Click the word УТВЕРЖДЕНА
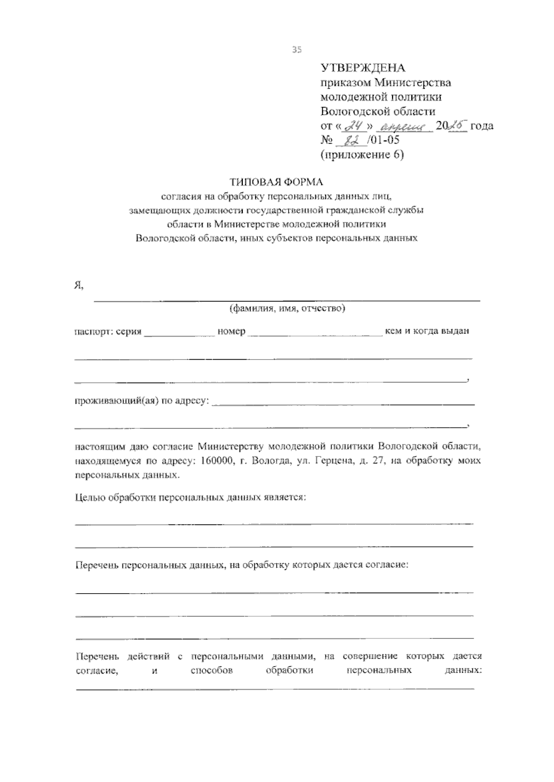(x=363, y=68)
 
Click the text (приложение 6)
(x=362, y=155)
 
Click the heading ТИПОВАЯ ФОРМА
(x=277, y=182)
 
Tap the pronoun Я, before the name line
(x=79, y=286)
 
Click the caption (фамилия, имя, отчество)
(x=288, y=308)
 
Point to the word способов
(x=211, y=670)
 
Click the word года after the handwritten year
(x=482, y=126)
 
